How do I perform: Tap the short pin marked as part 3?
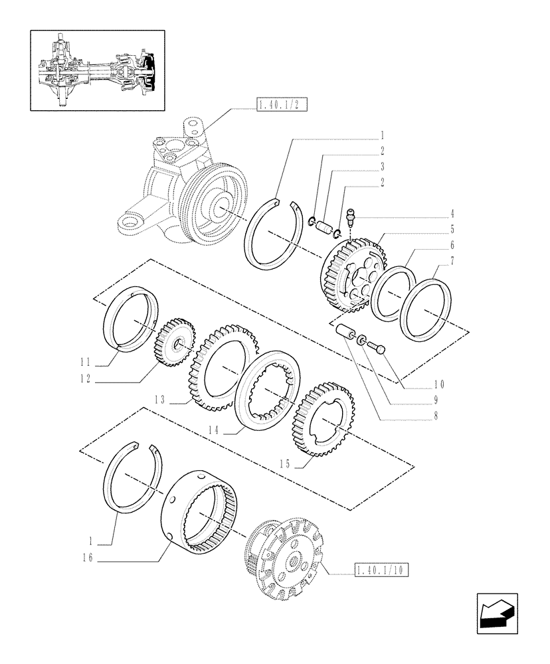click(323, 227)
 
